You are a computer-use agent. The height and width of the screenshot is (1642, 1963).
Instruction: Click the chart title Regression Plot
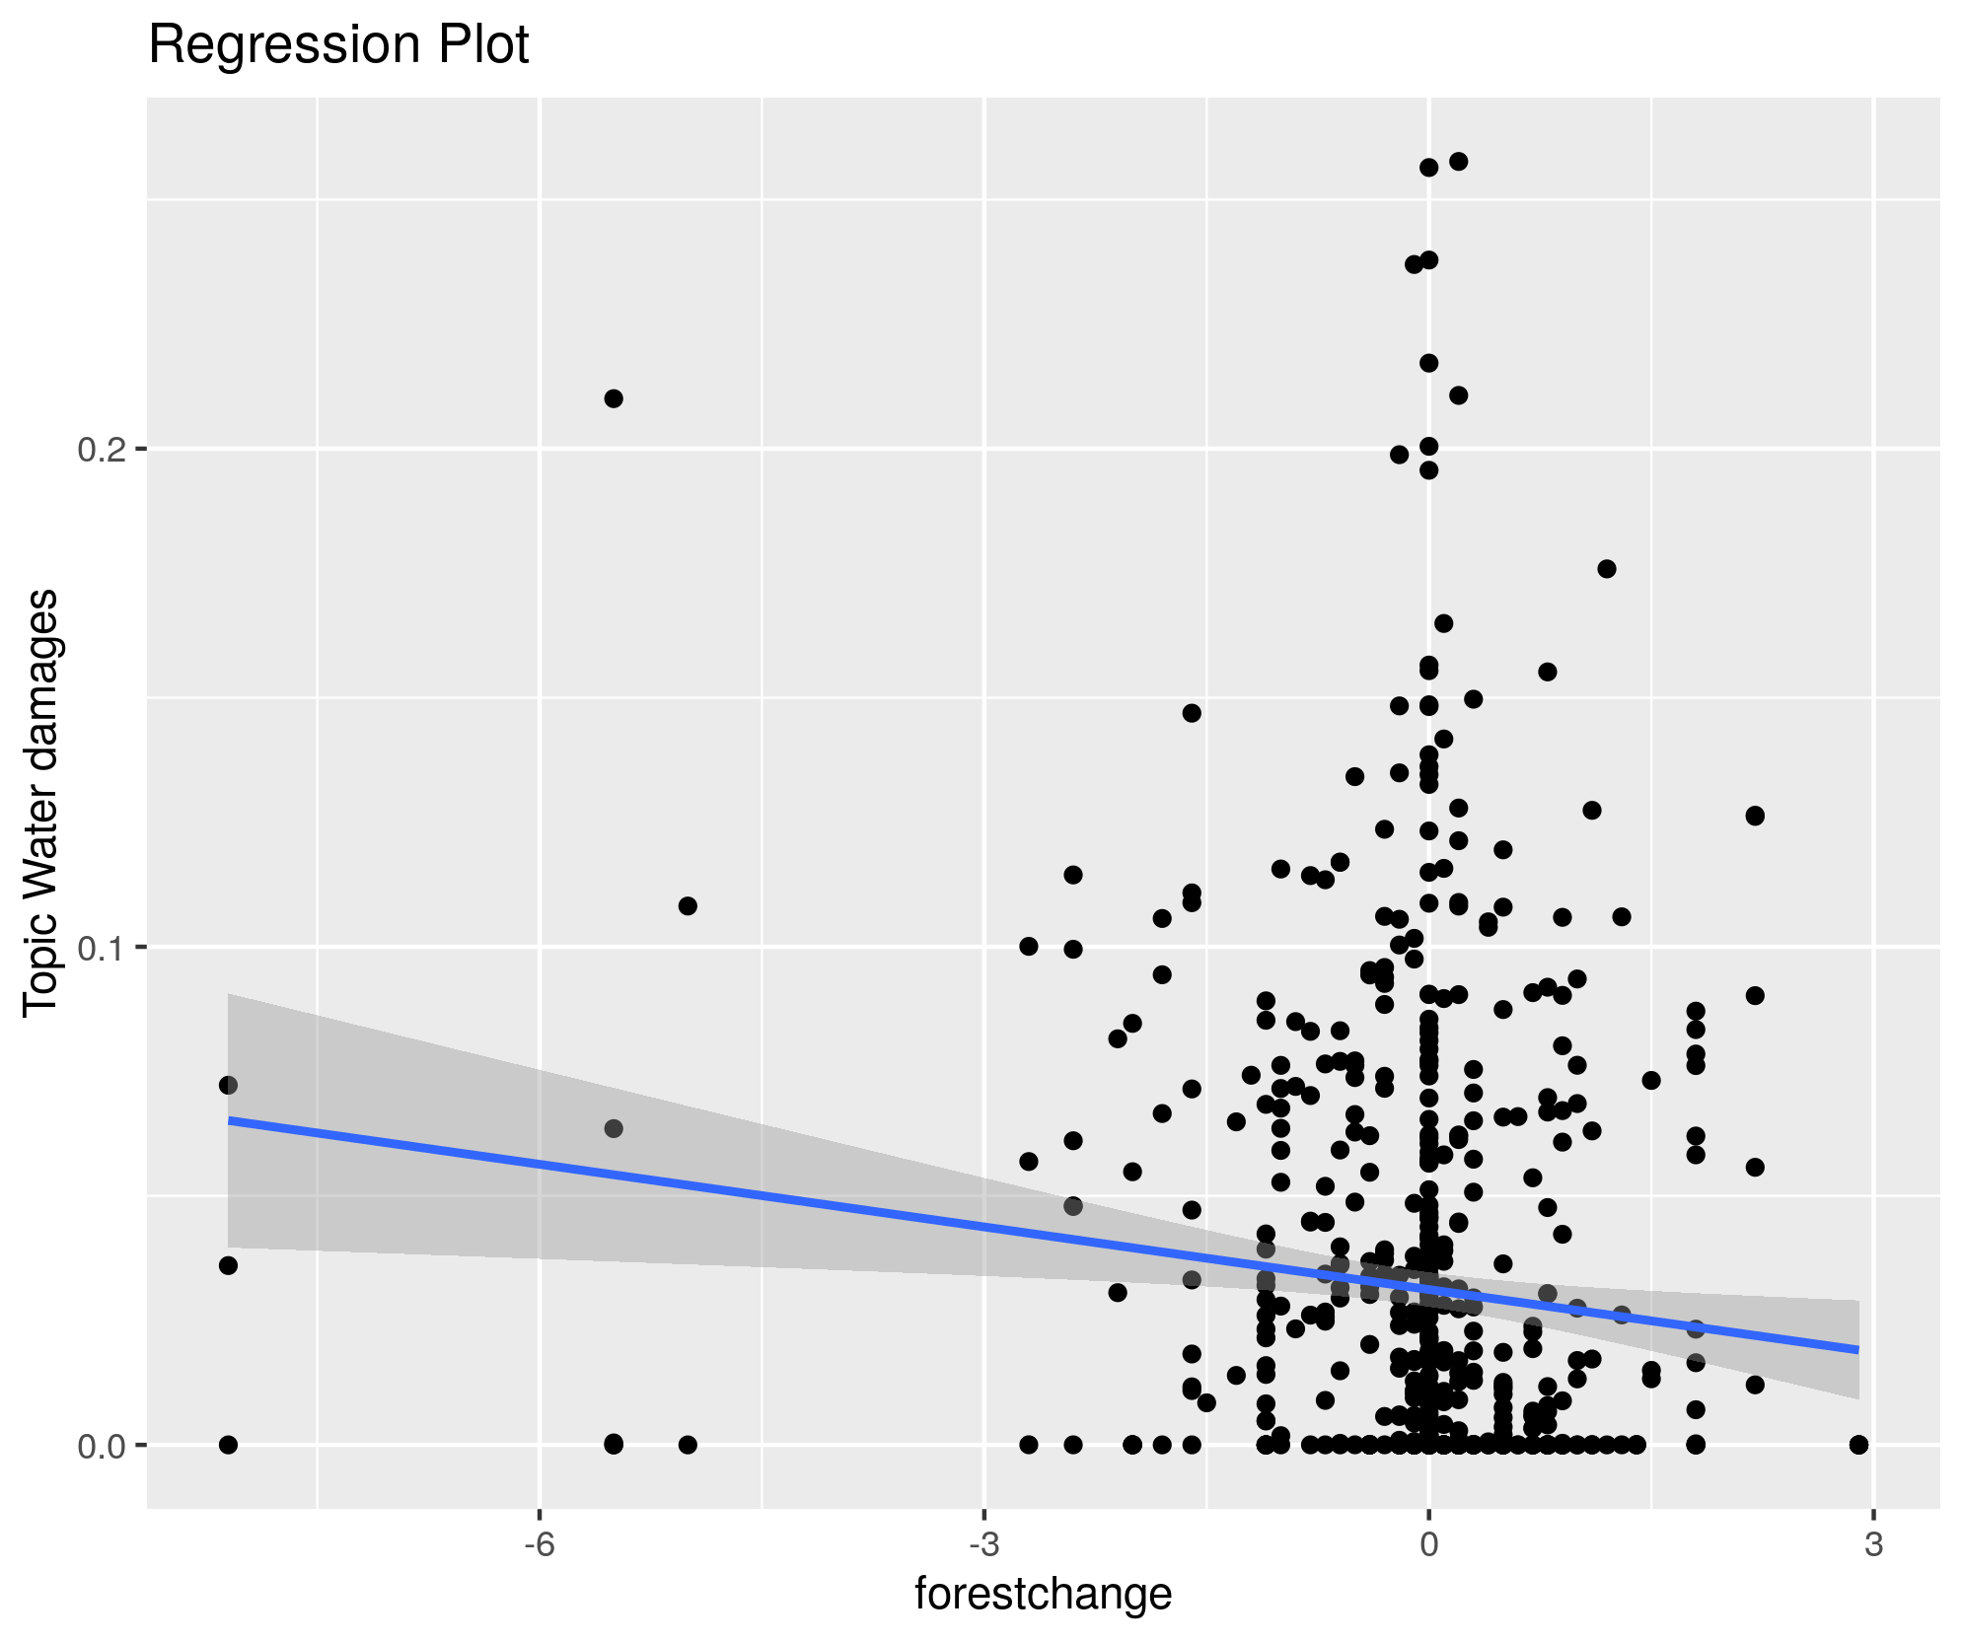point(338,45)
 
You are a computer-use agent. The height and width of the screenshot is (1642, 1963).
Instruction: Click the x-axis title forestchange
point(1043,1593)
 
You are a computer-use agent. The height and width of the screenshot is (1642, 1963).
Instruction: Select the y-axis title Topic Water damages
point(41,802)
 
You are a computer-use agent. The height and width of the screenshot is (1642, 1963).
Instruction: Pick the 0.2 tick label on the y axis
point(102,450)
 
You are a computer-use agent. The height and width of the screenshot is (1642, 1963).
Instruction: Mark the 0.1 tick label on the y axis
point(102,948)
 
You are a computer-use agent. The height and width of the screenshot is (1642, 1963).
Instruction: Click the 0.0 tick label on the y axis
point(102,1446)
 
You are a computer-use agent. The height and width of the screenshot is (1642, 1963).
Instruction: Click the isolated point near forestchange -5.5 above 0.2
point(614,398)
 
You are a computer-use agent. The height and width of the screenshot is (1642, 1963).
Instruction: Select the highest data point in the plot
point(1458,162)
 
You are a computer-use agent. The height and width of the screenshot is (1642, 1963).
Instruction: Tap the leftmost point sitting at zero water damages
point(228,1445)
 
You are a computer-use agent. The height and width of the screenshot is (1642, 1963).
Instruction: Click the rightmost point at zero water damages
point(1858,1445)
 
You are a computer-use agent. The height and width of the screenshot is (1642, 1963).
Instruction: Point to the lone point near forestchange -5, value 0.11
point(688,906)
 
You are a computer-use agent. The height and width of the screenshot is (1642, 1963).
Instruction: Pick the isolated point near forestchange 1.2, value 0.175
point(1606,569)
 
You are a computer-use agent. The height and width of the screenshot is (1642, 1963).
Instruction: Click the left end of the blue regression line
point(230,1120)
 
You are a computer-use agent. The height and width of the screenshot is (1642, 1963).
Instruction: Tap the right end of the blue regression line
point(1857,1349)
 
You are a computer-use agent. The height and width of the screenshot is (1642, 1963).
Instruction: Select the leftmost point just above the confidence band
point(228,1085)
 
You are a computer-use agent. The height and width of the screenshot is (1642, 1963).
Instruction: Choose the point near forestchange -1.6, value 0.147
point(1192,713)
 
